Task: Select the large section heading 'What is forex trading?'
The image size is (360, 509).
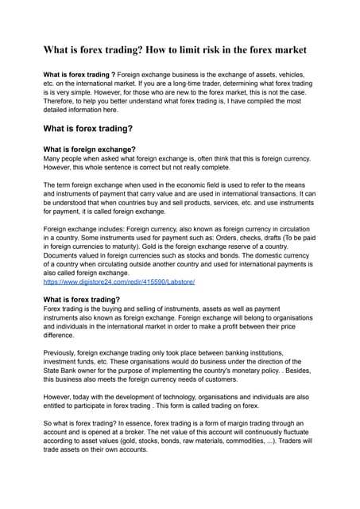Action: [87, 128]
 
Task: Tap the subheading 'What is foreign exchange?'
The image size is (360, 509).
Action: [89, 149]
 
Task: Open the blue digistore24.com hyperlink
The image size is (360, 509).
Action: [118, 281]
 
